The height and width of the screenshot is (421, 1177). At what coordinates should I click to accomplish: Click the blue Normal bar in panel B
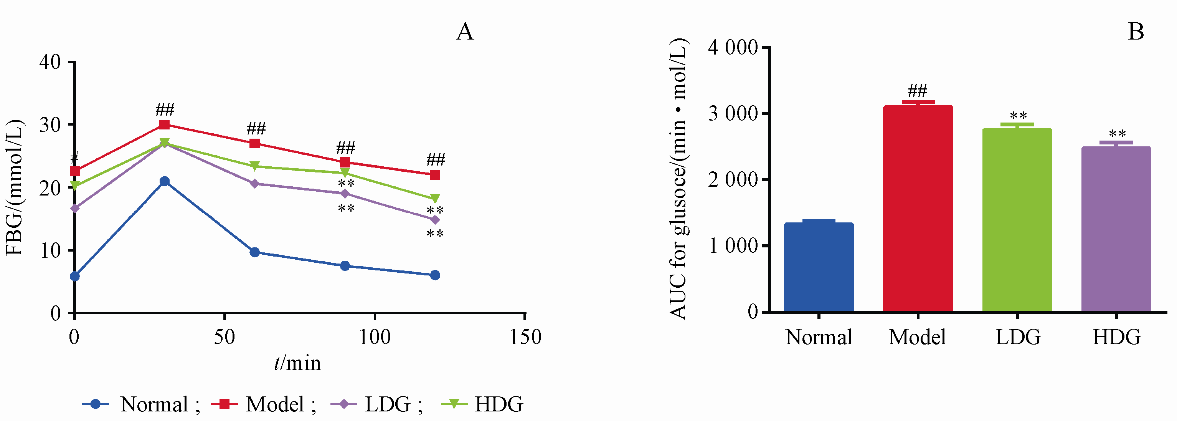point(819,267)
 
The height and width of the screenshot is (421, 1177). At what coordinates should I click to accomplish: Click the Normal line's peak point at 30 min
point(165,181)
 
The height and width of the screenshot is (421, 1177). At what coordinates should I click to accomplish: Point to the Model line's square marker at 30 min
point(165,125)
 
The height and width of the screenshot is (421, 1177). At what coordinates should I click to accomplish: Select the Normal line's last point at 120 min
point(435,275)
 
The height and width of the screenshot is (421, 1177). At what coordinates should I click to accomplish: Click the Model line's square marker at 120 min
point(435,175)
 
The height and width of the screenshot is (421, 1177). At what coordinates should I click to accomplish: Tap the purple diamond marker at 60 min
point(255,184)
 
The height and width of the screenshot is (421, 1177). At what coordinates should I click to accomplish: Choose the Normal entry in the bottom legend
point(141,404)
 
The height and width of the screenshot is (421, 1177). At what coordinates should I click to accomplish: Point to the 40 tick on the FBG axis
point(50,62)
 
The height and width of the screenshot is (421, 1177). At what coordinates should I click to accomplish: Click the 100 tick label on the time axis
point(375,337)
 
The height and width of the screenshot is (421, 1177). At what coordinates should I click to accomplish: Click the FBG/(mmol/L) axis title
point(15,187)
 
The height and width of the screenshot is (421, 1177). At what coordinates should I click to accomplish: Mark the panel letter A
point(465,32)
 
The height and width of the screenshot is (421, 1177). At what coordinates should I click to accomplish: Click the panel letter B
point(1136,32)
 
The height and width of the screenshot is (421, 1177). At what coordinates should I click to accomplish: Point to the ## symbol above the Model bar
point(918,91)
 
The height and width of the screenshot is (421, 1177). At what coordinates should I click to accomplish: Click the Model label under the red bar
point(918,337)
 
